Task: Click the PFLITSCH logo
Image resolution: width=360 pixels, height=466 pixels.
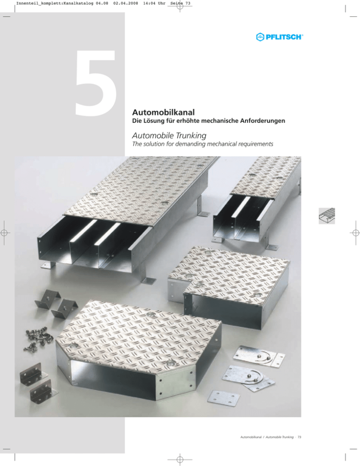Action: [x=279, y=37]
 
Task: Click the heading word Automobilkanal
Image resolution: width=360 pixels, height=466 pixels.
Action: [x=164, y=113]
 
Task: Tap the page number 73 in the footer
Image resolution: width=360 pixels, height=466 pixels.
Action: [x=300, y=437]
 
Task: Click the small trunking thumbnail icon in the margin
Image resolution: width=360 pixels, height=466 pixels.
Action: [x=327, y=216]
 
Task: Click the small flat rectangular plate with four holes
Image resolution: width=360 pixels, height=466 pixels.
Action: [x=224, y=397]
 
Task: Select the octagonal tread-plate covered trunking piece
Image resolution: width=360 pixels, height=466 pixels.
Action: [x=138, y=351]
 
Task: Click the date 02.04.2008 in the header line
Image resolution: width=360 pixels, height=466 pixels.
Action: [x=126, y=4]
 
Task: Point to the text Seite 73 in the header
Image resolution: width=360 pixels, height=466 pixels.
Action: [x=180, y=4]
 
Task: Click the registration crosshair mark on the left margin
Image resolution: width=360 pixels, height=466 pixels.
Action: [x=4, y=233]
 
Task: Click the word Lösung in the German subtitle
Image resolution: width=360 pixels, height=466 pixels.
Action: [x=156, y=120]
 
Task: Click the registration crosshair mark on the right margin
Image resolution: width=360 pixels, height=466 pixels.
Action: [x=356, y=233]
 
